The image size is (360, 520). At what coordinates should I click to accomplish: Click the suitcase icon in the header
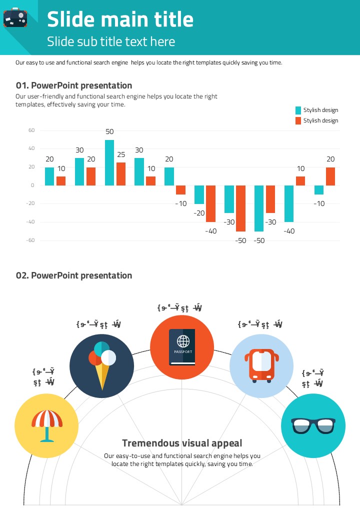coord(15,17)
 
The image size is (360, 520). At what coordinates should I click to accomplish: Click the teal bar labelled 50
coord(109,162)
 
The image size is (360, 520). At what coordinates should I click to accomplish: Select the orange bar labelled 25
coord(121,173)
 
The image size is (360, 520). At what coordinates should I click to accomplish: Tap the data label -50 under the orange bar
coord(241,240)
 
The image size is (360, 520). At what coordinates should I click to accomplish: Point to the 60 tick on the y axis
coord(31,130)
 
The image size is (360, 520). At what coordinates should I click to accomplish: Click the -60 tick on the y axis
coord(30,240)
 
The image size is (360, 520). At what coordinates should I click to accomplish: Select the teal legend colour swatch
coord(298,110)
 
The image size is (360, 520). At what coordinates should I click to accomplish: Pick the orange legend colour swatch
coord(298,120)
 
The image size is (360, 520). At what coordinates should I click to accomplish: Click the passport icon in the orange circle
coord(182,347)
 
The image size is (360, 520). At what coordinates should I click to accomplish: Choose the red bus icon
coord(261,365)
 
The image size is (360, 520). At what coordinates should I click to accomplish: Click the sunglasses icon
coord(313,425)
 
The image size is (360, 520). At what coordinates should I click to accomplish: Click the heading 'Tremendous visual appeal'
coord(182,443)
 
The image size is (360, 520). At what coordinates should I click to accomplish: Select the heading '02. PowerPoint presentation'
coord(74,275)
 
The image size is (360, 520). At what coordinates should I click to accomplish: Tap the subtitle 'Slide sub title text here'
coord(111,41)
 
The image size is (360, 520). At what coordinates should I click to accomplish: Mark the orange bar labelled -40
coord(211,203)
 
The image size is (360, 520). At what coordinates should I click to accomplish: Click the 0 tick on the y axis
coord(32,185)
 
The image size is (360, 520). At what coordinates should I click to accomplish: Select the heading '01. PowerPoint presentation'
coord(74,85)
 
